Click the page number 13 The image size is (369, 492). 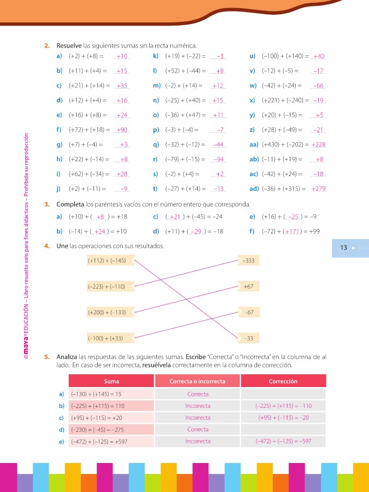click(344, 248)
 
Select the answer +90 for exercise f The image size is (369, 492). click(121, 130)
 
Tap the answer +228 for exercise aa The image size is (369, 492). click(318, 144)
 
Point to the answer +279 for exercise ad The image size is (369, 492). click(318, 189)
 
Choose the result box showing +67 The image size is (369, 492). click(248, 286)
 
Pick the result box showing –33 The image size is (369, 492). click(248, 338)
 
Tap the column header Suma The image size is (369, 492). click(112, 381)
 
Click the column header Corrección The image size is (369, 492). click(283, 381)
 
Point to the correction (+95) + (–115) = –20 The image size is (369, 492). click(283, 418)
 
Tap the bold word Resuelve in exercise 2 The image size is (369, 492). click(68, 45)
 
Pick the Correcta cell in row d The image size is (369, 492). click(197, 430)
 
